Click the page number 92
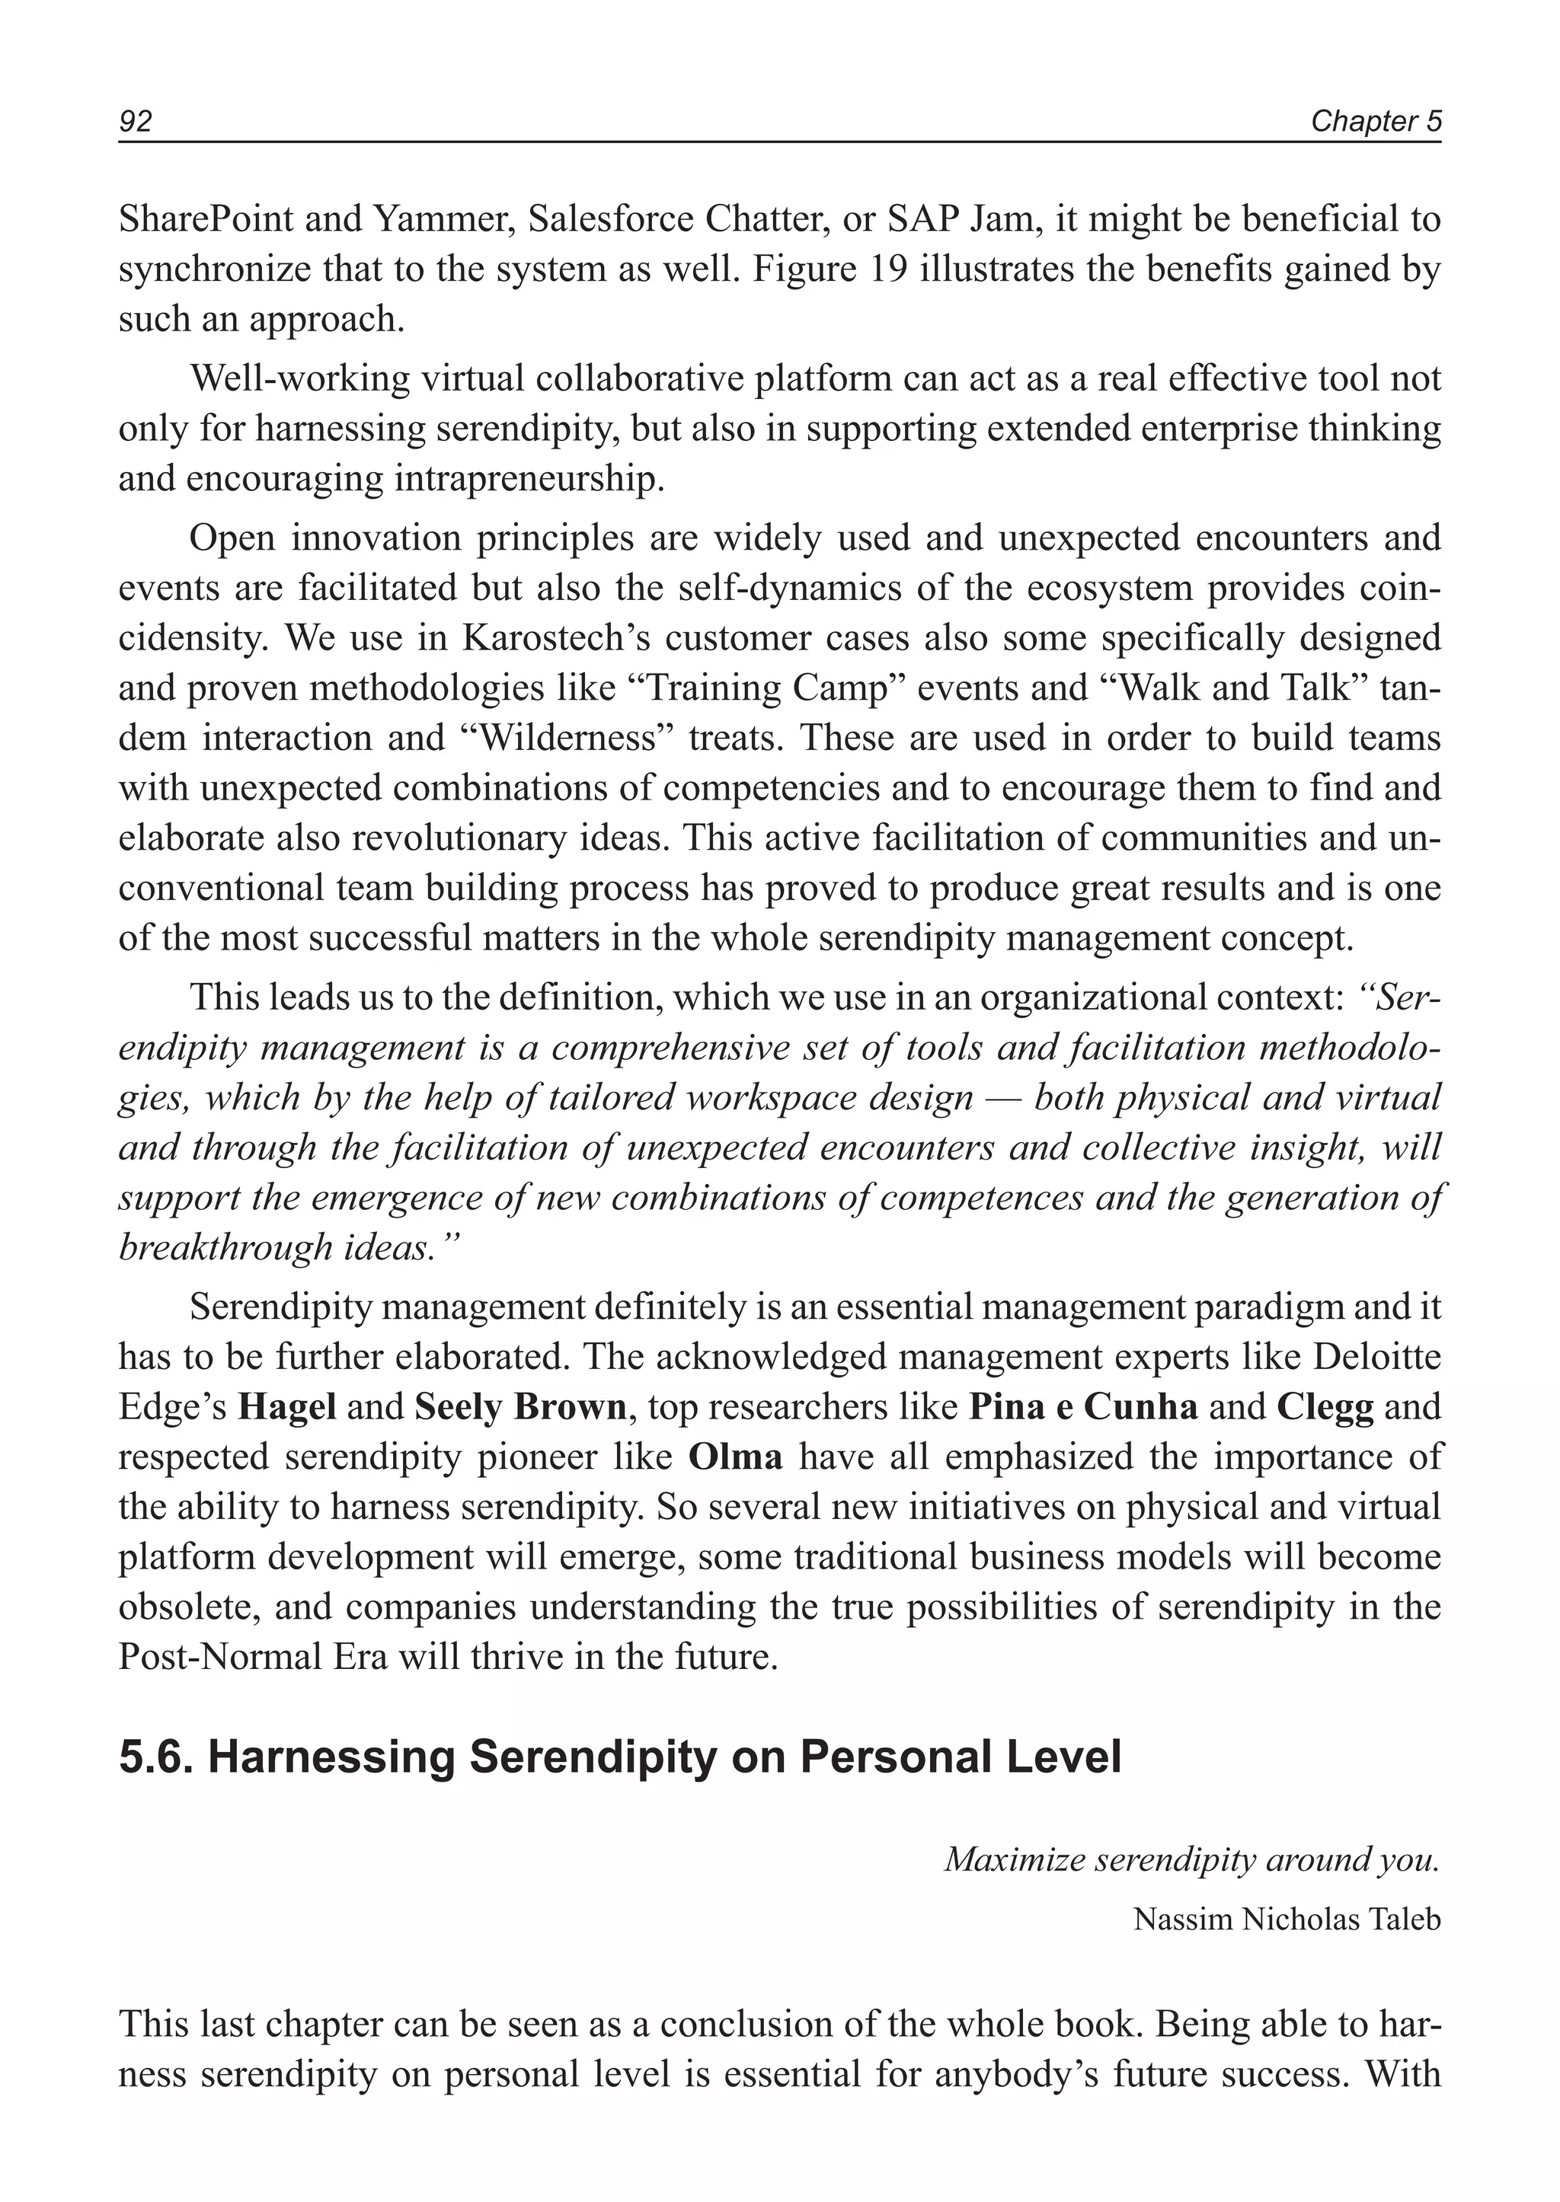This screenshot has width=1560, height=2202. (x=136, y=121)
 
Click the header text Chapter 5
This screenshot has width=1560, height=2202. (x=1376, y=121)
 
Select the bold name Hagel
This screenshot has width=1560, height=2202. (x=286, y=1407)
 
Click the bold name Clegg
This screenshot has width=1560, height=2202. (x=1325, y=1407)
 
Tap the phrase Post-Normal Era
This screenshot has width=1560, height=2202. (x=253, y=1657)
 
